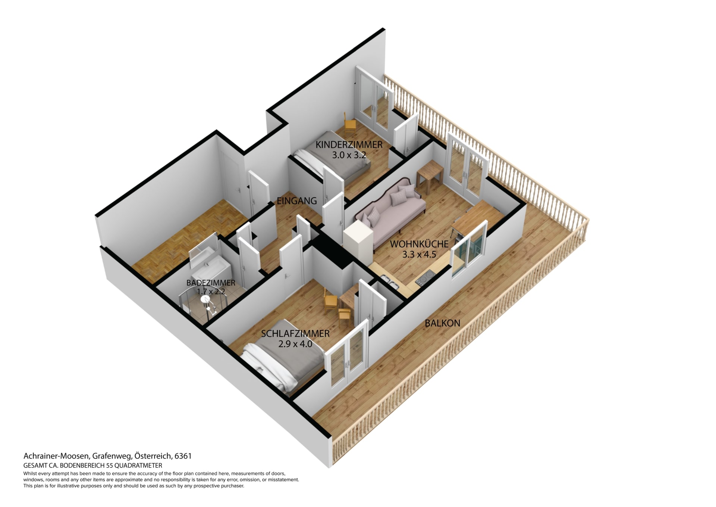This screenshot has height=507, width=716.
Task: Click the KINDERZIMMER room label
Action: click(349, 144)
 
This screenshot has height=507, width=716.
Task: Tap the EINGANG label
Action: click(297, 201)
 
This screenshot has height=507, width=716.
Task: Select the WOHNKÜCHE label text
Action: click(419, 244)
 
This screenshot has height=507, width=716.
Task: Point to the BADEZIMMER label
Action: click(211, 283)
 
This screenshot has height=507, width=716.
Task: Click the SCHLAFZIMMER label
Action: click(295, 334)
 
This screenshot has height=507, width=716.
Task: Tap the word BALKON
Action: click(443, 323)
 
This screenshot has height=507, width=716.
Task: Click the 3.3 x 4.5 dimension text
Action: click(419, 255)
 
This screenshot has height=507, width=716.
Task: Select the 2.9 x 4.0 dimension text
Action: click(295, 344)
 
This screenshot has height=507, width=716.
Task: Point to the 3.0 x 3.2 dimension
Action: click(349, 155)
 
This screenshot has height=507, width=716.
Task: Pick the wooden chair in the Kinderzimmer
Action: click(350, 123)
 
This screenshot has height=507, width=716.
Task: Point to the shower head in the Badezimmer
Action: click(205, 299)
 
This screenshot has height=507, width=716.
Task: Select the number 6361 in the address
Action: click(183, 456)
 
